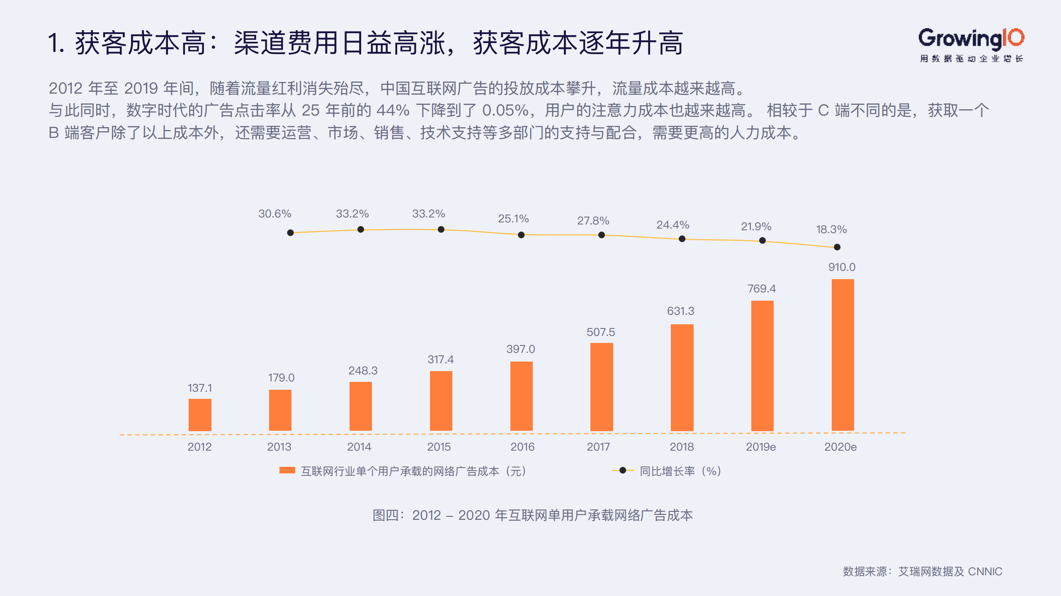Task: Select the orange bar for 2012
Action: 200,415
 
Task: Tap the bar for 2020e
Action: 842,355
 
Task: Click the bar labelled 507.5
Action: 602,387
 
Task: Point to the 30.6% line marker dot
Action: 291,233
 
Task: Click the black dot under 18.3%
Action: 837,247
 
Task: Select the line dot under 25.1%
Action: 521,235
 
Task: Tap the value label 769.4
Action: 762,289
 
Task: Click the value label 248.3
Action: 363,371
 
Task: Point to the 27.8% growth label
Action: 593,221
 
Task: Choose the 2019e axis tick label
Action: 761,447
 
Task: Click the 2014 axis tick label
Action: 359,447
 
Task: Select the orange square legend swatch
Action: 287,471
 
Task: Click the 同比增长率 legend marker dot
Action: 623,471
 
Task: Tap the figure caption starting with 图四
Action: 532,515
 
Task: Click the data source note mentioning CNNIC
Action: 923,572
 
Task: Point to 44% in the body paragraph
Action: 393,111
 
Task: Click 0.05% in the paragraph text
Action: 505,111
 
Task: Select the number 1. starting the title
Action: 56,43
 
